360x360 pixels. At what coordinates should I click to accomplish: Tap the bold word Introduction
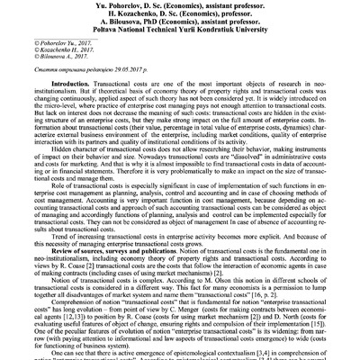(76, 107)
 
